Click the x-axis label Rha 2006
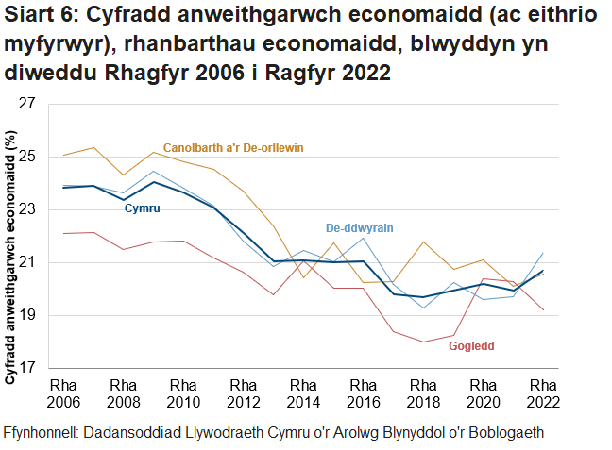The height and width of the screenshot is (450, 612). [63, 393]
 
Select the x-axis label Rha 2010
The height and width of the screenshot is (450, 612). [183, 393]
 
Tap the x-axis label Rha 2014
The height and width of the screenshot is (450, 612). [303, 393]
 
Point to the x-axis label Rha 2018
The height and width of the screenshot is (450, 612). [423, 393]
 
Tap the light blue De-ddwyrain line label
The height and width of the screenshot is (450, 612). [359, 228]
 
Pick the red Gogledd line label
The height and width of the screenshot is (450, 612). [471, 346]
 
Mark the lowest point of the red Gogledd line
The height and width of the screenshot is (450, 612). [422, 342]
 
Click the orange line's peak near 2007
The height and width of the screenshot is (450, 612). [93, 147]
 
